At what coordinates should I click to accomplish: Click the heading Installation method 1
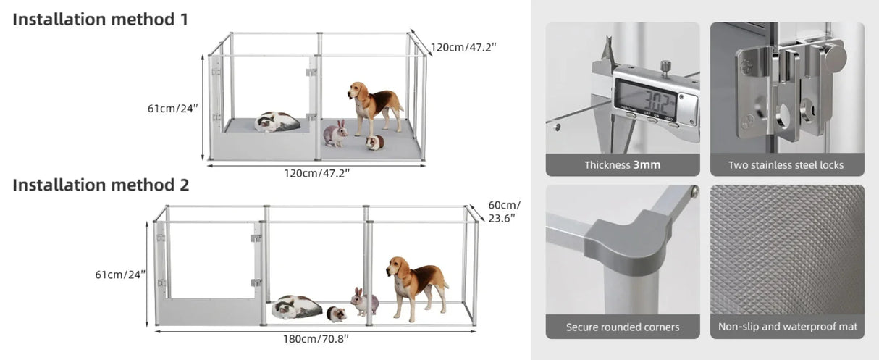click(101, 20)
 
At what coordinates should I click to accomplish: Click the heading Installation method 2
click(101, 185)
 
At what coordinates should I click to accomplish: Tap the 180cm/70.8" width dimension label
click(316, 338)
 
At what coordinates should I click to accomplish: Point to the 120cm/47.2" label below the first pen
click(316, 173)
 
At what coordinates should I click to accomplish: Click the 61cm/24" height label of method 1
click(173, 109)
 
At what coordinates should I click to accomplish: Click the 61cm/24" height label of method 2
click(120, 275)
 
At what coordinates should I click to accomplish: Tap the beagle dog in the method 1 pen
click(374, 106)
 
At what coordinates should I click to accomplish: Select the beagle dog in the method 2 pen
click(416, 284)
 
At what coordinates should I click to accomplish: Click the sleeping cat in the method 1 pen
click(277, 122)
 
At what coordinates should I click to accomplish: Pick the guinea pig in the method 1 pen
click(374, 143)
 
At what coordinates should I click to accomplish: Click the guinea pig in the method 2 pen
click(336, 314)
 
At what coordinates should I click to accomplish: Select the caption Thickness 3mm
click(622, 165)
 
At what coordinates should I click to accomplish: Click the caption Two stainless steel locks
click(786, 165)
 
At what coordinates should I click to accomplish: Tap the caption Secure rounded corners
click(622, 327)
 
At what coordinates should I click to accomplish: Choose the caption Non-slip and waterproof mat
click(787, 327)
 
